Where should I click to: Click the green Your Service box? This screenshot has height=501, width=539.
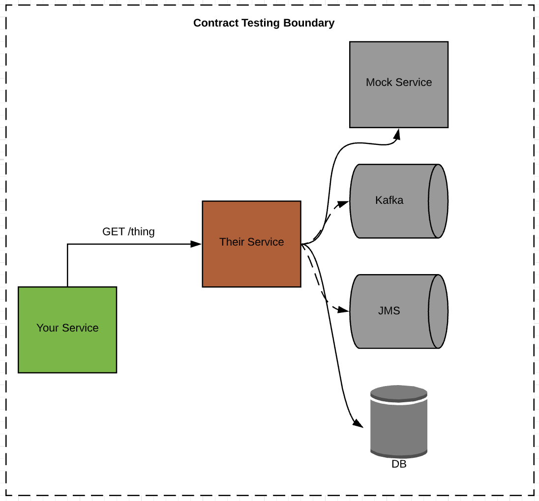[x=67, y=330]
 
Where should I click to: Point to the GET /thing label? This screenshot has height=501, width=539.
[x=128, y=231]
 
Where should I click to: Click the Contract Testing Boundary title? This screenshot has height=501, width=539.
[x=264, y=23]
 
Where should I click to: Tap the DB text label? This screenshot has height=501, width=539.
[x=399, y=464]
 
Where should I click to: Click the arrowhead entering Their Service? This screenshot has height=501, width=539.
[x=196, y=244]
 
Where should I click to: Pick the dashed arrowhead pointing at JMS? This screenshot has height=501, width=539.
[x=344, y=310]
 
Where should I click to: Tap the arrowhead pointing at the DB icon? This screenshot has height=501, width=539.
[x=358, y=423]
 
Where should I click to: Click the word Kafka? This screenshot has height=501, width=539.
[x=389, y=200]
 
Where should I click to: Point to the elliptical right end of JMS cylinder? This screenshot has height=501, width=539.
[x=438, y=311]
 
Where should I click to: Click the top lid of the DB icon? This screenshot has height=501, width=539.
[x=399, y=393]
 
